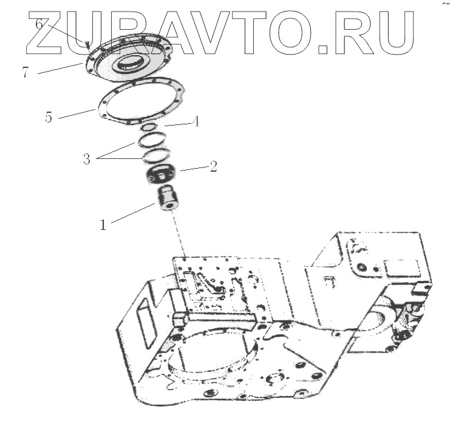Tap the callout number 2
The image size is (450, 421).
[213, 166]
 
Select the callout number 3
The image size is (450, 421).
[87, 160]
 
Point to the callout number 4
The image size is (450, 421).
[195, 121]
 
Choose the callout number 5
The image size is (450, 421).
[49, 117]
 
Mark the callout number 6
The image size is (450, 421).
[39, 24]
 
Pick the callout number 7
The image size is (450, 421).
[25, 72]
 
